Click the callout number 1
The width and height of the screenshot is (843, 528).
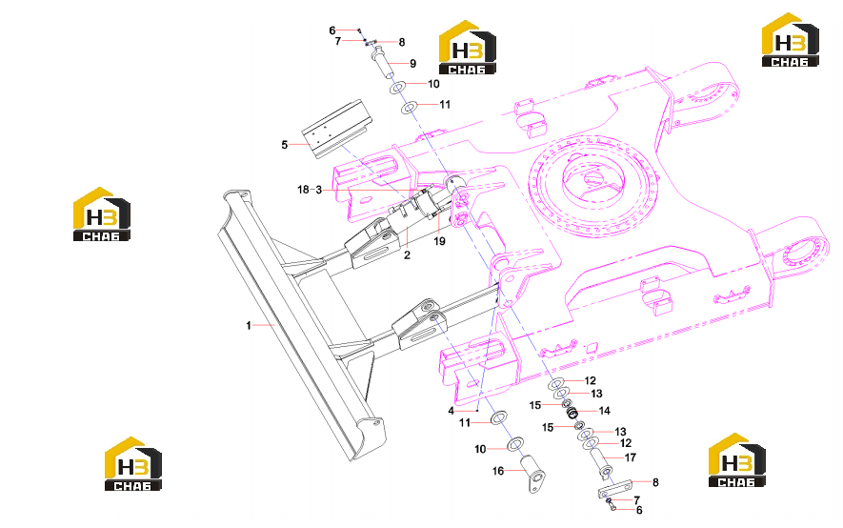point(249,325)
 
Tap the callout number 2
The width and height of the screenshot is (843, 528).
point(407,254)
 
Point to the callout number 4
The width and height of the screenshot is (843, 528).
point(452,411)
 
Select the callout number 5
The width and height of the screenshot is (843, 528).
point(285,145)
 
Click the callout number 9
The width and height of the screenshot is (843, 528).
point(412,64)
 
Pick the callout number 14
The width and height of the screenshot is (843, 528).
point(605,411)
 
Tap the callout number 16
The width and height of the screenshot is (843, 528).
point(498,471)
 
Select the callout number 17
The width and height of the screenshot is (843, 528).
point(630,457)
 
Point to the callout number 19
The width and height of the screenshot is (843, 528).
point(440,241)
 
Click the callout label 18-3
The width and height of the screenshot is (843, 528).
point(310,190)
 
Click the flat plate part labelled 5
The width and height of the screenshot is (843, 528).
point(339,129)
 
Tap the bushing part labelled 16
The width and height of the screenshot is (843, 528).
point(532,473)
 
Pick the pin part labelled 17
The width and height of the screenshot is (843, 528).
point(601,463)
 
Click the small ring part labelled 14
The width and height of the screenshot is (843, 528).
point(572,413)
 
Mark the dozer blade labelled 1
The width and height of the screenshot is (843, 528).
point(301,322)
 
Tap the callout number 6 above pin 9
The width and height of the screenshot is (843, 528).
point(332,30)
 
